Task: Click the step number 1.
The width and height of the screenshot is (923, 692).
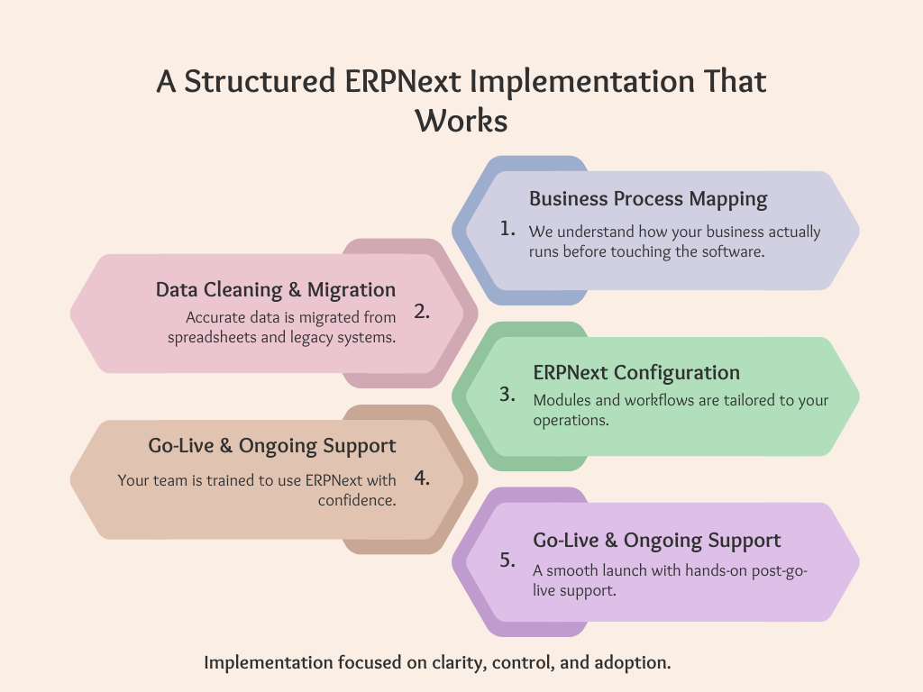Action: tap(507, 229)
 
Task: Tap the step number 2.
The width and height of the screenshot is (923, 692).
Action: tap(422, 312)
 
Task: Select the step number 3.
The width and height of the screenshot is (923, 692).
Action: tap(507, 394)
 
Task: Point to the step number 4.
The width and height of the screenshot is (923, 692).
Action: tap(422, 478)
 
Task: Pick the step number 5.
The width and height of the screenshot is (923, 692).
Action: tap(507, 560)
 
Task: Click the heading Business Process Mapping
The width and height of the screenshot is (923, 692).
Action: tap(648, 198)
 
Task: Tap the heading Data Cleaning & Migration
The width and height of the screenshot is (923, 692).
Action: tap(276, 289)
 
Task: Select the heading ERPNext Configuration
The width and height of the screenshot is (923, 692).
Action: tap(636, 372)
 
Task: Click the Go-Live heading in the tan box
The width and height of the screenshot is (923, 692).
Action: tap(272, 445)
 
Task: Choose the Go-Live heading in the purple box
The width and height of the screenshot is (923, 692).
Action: tap(657, 541)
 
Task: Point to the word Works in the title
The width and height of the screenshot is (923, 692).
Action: tap(461, 120)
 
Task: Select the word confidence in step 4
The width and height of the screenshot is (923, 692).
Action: tap(357, 500)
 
